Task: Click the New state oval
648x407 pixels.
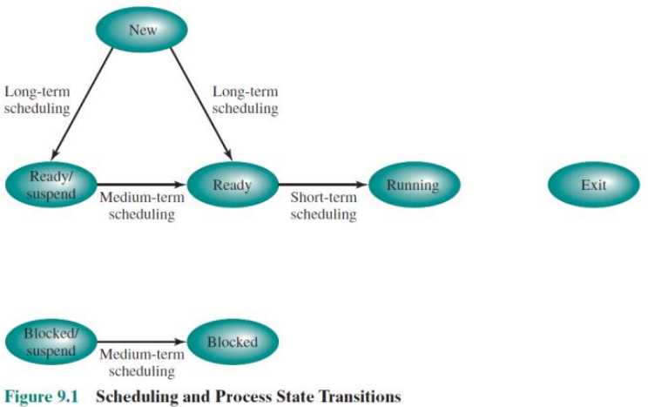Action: pos(142,30)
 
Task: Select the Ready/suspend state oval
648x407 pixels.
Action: pos(51,185)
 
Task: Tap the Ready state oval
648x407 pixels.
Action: pos(233,185)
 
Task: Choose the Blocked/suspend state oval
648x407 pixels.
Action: pos(51,343)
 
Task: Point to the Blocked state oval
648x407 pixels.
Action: pos(233,343)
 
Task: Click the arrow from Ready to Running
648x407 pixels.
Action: pos(323,185)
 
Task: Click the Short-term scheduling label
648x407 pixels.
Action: pos(323,206)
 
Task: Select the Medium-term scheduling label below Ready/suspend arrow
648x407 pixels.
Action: pos(141,206)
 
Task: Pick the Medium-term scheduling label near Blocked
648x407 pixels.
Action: pos(141,363)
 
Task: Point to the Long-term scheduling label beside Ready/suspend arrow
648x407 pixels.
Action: pos(37,99)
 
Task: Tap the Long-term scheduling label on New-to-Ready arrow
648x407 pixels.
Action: pos(245,99)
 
